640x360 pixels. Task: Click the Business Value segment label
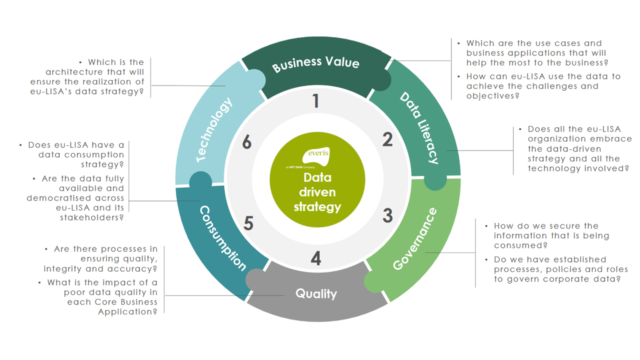[315, 64]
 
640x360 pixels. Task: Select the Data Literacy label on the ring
[419, 128]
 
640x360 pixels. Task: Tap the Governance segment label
[414, 239]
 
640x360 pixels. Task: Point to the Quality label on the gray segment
[316, 293]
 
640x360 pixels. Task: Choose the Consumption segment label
[223, 238]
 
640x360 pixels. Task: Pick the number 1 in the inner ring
[315, 101]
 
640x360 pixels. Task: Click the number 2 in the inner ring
[387, 140]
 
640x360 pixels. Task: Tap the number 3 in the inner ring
[387, 215]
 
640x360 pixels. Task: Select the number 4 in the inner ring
[315, 259]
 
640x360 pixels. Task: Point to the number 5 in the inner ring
[248, 223]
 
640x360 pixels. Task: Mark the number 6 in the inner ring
[246, 143]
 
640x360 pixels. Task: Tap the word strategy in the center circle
[317, 206]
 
